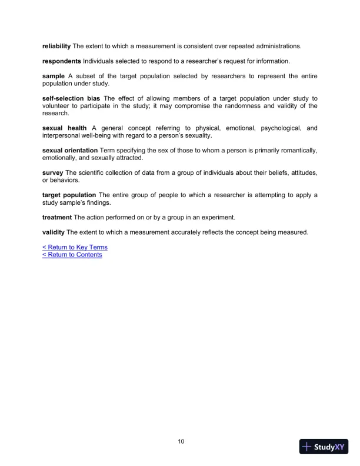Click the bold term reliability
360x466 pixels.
click(56, 46)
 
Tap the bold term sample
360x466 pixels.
click(54, 76)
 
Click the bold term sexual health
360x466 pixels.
click(64, 128)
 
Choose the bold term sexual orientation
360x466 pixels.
click(70, 151)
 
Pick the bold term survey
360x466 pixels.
click(53, 172)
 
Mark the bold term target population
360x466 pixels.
click(69, 195)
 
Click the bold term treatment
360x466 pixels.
click(57, 217)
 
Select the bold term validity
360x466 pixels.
click(54, 232)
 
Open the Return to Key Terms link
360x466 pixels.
click(75, 247)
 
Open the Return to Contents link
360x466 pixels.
click(72, 255)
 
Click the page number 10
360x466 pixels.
click(181, 441)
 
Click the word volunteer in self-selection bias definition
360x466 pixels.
click(56, 106)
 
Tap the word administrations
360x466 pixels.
click(276, 46)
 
